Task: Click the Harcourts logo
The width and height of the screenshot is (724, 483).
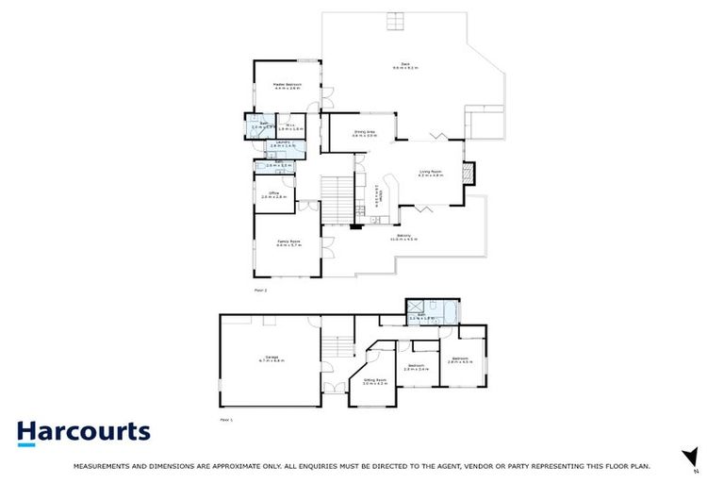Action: pos(84,433)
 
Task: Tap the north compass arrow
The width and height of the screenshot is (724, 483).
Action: pos(690,456)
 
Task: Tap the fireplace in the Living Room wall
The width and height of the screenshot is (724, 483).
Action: pos(469,174)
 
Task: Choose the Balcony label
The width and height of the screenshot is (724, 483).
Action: pos(403,238)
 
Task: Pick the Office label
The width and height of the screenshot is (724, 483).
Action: pos(273,194)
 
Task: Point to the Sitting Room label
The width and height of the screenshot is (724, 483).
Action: pos(375,381)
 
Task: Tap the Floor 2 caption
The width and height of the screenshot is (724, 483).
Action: pos(260,290)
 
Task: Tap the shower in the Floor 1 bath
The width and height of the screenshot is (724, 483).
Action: pos(415,308)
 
